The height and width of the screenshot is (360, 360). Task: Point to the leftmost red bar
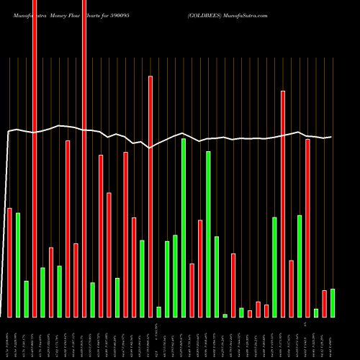tap(9, 262)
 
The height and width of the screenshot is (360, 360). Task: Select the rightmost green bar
tap(333, 302)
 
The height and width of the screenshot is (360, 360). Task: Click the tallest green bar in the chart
tap(184, 228)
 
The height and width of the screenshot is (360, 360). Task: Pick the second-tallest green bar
tap(208, 234)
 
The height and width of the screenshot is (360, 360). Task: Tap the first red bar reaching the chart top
tap(35, 158)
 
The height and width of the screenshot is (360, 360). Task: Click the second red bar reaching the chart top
tap(84, 158)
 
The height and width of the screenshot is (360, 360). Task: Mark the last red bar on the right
tap(325, 303)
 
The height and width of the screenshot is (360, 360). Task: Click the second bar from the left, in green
tap(18, 265)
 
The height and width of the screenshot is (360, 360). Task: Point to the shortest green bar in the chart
tap(225, 315)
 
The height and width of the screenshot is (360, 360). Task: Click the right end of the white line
tap(331, 137)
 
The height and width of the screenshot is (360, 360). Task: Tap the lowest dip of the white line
tap(150, 148)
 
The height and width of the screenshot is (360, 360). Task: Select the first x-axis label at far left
tap(9, 338)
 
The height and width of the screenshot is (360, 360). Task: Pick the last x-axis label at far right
tap(333, 338)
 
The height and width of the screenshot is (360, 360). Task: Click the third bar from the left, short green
tap(26, 299)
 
